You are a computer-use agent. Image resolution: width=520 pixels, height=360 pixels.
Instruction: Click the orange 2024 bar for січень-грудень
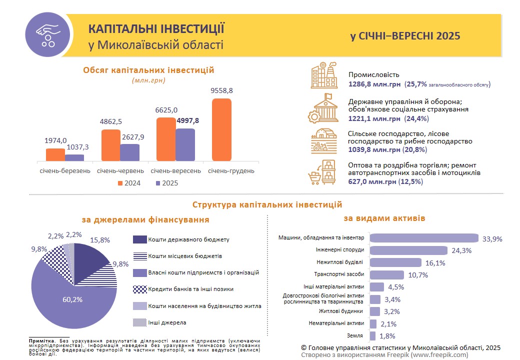pos(221,129)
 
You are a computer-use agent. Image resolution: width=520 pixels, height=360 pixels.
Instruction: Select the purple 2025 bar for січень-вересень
pos(185,144)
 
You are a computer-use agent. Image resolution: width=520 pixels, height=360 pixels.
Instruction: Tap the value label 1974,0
pos(55,140)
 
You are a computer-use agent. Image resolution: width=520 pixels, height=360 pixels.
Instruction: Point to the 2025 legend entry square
pos(158,183)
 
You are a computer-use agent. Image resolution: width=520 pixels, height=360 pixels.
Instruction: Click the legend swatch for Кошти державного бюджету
pos(140,239)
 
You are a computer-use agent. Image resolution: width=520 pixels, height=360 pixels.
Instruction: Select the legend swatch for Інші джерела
pos(140,322)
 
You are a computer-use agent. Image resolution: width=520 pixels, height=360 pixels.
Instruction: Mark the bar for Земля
pos(372,335)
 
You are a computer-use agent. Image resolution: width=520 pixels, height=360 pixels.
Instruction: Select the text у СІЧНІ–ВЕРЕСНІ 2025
pos(405,36)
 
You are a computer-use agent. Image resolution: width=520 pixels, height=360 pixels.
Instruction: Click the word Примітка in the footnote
pos(41,340)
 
